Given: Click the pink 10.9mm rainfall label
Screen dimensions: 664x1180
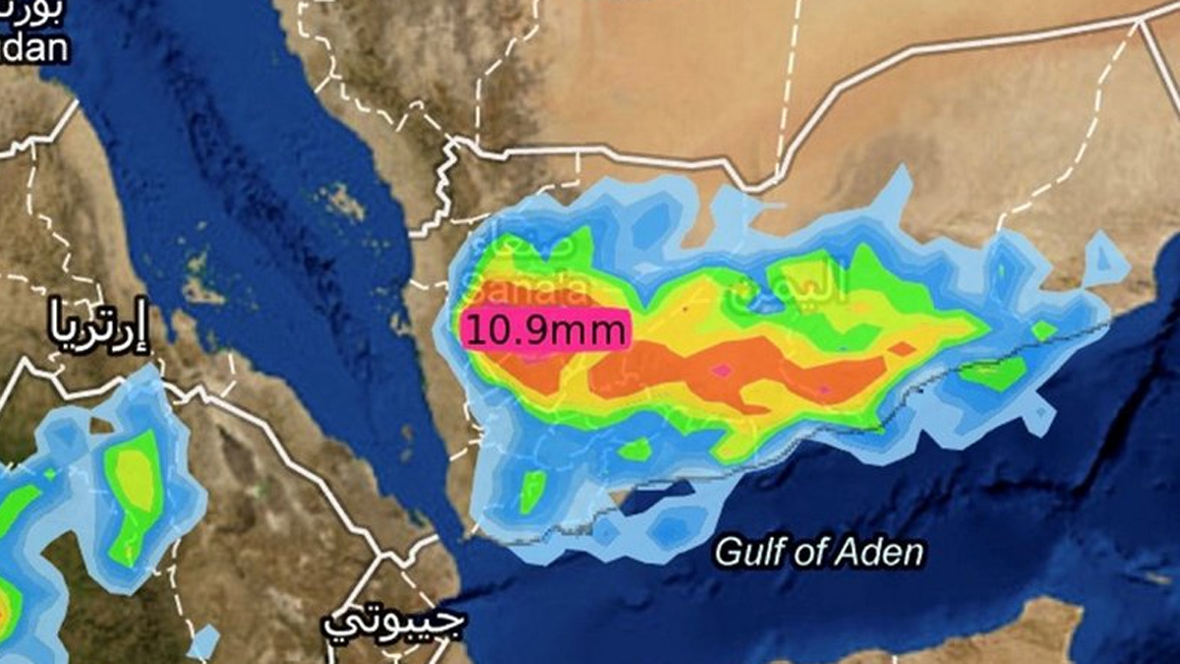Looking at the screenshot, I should tap(545, 330).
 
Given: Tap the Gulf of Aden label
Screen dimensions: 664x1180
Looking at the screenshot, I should tap(819, 552).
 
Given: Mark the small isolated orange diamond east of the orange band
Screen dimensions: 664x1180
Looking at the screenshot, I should tap(902, 349).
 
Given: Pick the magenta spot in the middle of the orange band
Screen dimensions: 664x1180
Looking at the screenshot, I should tap(723, 370).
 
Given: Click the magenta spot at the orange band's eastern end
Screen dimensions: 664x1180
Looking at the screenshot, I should tap(824, 391).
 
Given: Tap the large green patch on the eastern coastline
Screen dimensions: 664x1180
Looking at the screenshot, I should tap(993, 373).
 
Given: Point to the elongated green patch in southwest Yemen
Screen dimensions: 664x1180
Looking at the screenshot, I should tap(532, 490).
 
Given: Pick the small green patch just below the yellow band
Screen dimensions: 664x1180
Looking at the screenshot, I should tap(635, 450).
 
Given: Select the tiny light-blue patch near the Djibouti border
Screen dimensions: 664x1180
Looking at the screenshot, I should tap(205, 641).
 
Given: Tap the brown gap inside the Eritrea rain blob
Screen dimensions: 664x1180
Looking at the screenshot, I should tap(101, 426).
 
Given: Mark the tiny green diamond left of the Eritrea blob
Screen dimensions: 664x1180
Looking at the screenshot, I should tap(49, 474).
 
